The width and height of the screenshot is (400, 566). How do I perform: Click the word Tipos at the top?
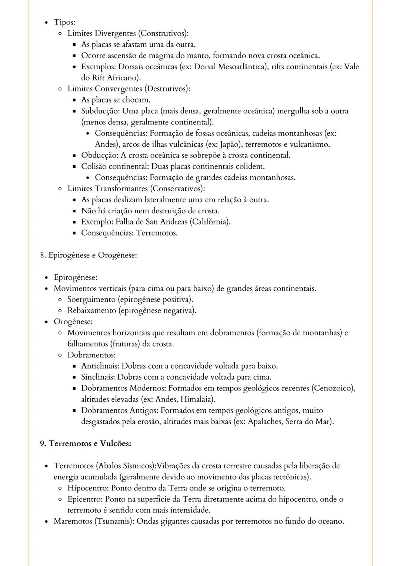coord(64,22)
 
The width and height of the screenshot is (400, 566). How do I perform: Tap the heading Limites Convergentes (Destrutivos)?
coord(129,89)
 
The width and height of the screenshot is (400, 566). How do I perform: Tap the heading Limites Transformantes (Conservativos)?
coord(136,189)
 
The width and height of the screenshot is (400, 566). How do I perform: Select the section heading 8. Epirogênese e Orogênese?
coord(89,255)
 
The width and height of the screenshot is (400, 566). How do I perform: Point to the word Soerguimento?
coord(91,299)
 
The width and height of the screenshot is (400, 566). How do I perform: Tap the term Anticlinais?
coord(100,366)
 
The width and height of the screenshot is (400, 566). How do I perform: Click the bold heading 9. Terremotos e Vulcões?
coord(86,443)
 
